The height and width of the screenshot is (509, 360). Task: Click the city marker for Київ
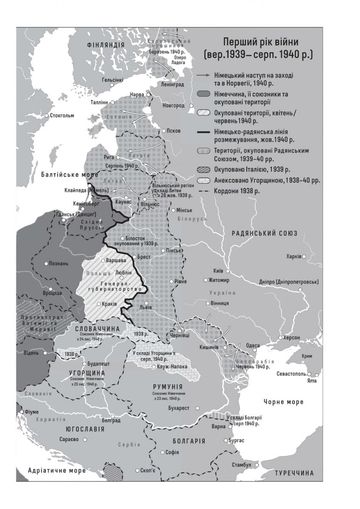pyautogui.click(x=228, y=271)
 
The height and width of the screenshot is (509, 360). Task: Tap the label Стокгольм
pyautogui.click(x=62, y=115)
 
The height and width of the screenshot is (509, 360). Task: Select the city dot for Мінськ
pyautogui.click(x=173, y=210)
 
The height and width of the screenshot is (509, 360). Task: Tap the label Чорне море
pyautogui.click(x=283, y=402)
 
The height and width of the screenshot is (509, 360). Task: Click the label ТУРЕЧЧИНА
pyautogui.click(x=294, y=473)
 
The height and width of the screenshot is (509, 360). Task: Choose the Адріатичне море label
pyautogui.click(x=57, y=470)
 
